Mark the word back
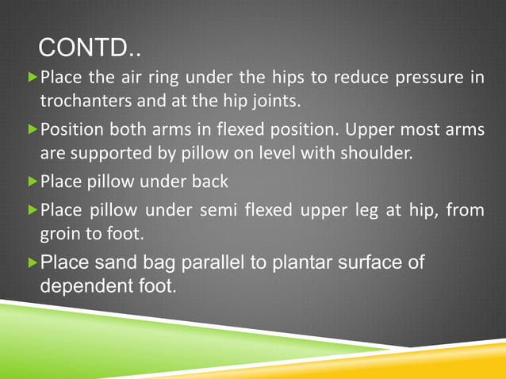pos(212,182)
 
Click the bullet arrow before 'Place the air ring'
pos(32,79)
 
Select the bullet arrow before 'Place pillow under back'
pos(32,182)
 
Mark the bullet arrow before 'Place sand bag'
pos(32,262)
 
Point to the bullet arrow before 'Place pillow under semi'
pos(32,211)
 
